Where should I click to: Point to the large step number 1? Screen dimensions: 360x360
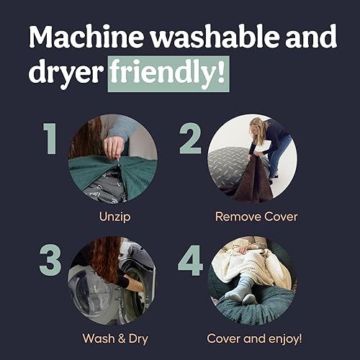coord(49,139)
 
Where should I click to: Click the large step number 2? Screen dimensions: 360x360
coord(190,139)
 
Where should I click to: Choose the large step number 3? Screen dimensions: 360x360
coord(50,260)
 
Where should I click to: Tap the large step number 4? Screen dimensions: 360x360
coord(190,260)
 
